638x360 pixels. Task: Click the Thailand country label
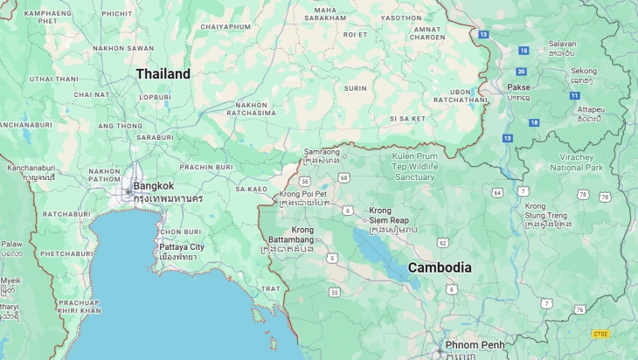(x=163, y=74)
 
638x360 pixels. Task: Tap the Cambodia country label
(x=440, y=267)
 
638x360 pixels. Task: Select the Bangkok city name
(x=153, y=185)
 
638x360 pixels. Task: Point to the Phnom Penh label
(x=475, y=345)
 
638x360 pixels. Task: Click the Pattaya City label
(x=181, y=247)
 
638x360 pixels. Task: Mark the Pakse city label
(x=518, y=87)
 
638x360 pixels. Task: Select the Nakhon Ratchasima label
(x=251, y=108)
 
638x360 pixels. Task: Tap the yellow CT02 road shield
(x=600, y=334)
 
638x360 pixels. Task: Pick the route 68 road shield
(x=344, y=177)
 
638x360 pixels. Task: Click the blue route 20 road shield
(x=521, y=72)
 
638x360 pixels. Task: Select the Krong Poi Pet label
(x=303, y=194)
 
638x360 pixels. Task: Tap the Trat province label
(x=271, y=288)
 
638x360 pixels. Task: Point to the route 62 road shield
(x=442, y=242)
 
